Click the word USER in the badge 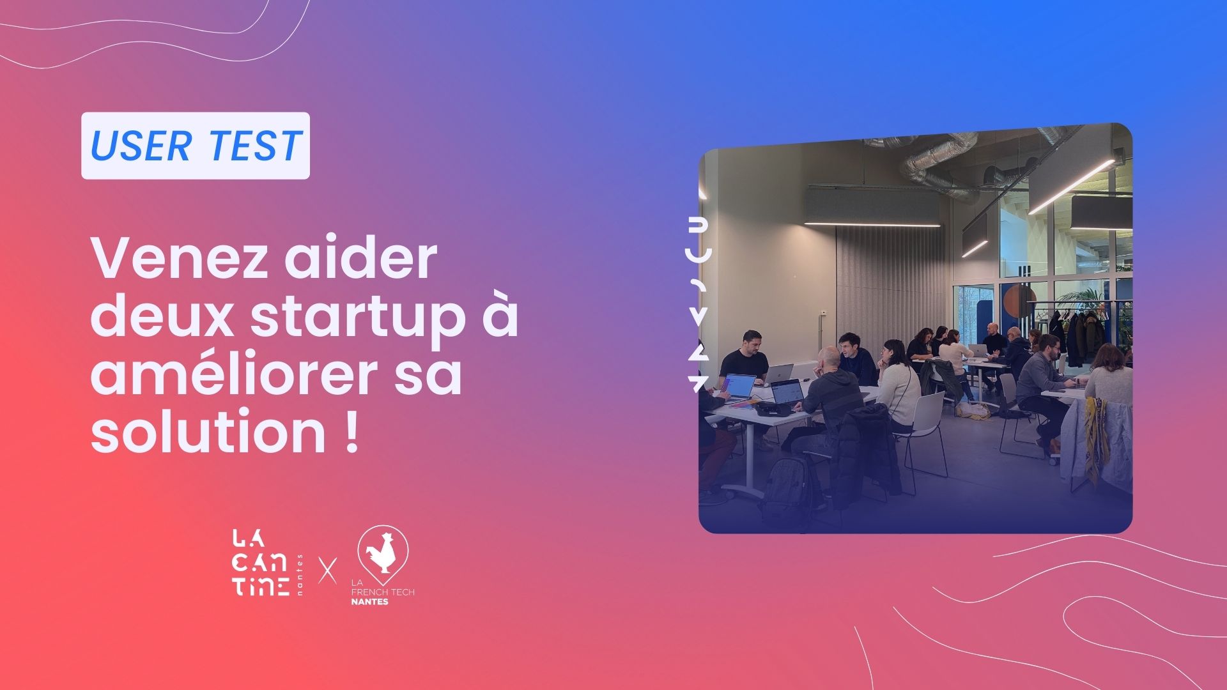141,146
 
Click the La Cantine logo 260,562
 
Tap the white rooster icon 383,551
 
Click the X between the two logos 328,569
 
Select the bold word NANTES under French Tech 370,601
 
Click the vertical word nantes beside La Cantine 300,575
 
